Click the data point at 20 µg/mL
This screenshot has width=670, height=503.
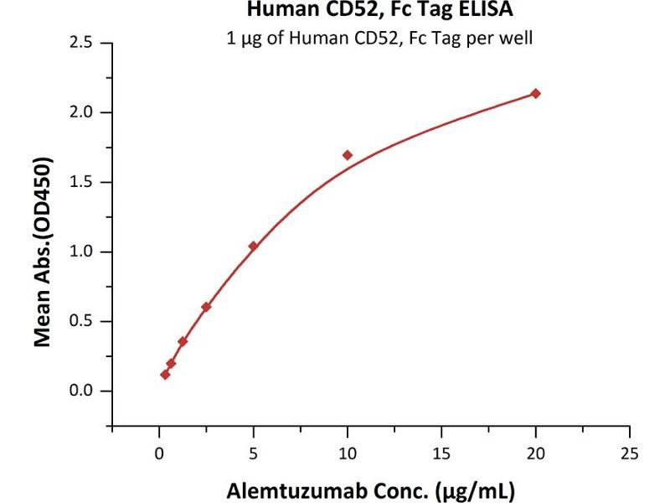(x=536, y=93)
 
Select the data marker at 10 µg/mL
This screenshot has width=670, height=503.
(x=348, y=155)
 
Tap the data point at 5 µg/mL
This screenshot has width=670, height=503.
(x=253, y=246)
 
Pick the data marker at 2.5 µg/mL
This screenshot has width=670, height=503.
(x=206, y=307)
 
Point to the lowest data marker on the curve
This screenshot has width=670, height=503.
(x=165, y=374)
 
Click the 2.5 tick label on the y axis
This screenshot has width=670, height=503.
(x=81, y=43)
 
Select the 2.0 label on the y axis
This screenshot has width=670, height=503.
(x=81, y=112)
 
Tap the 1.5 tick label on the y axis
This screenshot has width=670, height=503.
(x=81, y=182)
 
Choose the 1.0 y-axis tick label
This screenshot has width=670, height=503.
(x=81, y=251)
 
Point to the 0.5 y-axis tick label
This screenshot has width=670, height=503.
(x=81, y=321)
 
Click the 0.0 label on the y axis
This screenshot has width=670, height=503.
(x=81, y=391)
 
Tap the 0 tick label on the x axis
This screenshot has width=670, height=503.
(x=159, y=454)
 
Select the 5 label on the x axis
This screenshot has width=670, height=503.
(x=253, y=454)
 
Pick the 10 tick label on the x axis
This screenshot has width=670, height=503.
(x=348, y=454)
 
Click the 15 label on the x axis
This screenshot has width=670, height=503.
(x=441, y=454)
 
